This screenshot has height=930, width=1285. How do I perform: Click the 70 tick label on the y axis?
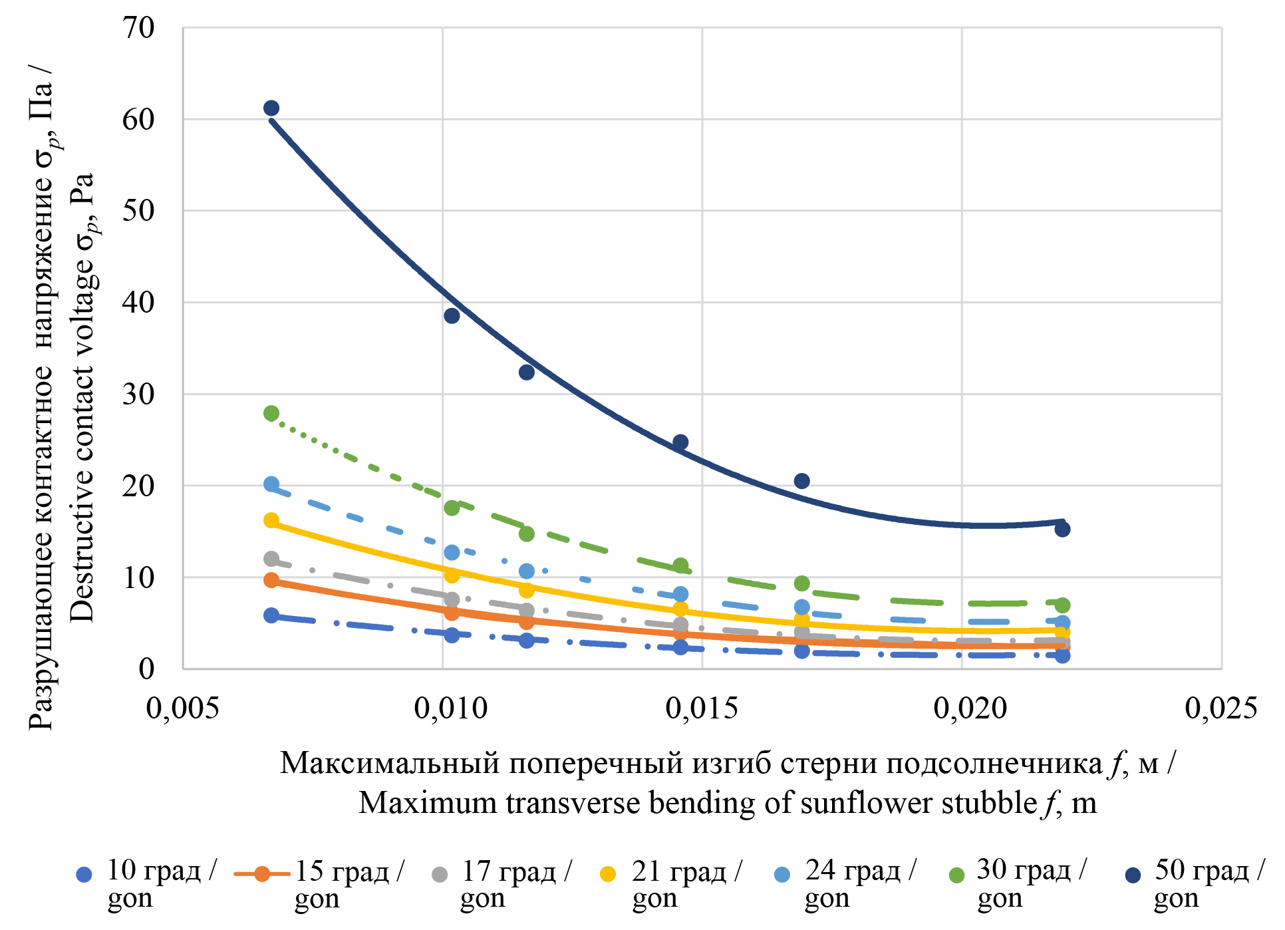point(138,28)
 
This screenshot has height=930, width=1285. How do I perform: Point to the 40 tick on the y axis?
point(138,303)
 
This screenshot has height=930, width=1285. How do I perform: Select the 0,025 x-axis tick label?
point(1221,708)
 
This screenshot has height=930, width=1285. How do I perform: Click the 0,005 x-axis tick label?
point(182,708)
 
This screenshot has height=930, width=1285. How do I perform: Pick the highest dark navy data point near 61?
point(271,108)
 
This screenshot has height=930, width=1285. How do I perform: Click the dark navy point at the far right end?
point(1062,529)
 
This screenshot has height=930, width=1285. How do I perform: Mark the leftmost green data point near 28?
point(271,414)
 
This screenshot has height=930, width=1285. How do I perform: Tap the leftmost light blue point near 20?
point(271,484)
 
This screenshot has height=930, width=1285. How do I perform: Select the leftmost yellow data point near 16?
point(271,520)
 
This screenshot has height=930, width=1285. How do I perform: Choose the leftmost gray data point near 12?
point(271,559)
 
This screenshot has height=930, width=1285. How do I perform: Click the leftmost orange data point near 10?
point(271,580)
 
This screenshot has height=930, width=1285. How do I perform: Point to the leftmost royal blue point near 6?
point(271,615)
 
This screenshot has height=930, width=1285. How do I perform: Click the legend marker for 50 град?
point(1133,875)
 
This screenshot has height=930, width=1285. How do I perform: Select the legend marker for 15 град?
point(262,874)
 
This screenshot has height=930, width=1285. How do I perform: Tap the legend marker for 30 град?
point(956,875)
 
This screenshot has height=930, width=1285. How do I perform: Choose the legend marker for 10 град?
point(84,875)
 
